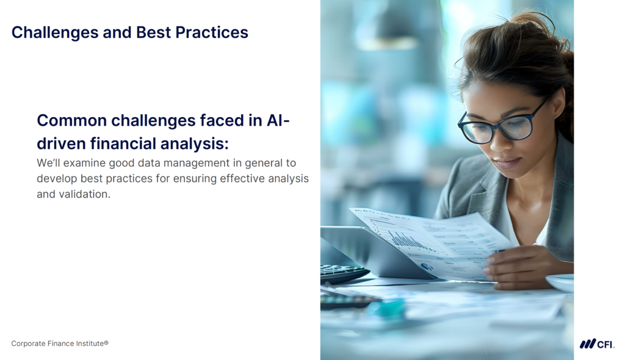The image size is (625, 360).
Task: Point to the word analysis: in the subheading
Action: coord(195,143)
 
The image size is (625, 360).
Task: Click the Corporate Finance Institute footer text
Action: coord(60,344)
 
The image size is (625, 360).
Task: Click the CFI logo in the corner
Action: coord(596,344)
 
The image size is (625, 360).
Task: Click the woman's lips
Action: coord(507,163)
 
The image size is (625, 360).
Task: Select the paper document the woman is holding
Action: coord(427,241)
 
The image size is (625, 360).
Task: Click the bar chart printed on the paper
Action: coord(406,239)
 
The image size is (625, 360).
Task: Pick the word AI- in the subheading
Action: coord(278,120)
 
